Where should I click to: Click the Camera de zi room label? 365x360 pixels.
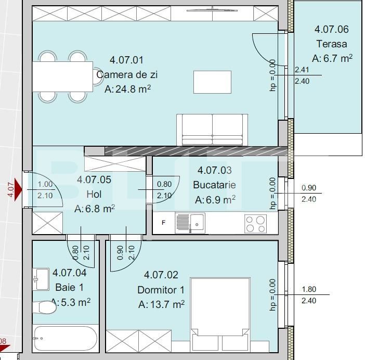pyautogui.click(x=127, y=75)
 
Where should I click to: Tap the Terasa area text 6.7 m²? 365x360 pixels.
pyautogui.click(x=332, y=58)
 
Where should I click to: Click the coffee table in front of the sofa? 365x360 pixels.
pyautogui.click(x=212, y=82)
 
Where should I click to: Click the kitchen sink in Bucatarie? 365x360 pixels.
pyautogui.click(x=190, y=223)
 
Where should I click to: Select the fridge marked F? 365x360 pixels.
pyautogui.click(x=164, y=223)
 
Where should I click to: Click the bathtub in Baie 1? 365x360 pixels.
pyautogui.click(x=66, y=339)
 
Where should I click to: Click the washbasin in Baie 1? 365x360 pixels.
pyautogui.click(x=41, y=279)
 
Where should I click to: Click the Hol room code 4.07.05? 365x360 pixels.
pyautogui.click(x=94, y=180)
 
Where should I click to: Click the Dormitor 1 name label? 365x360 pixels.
pyautogui.click(x=161, y=290)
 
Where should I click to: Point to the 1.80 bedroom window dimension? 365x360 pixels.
pyautogui.click(x=309, y=290)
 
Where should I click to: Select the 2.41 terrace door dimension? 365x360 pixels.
pyautogui.click(x=302, y=70)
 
